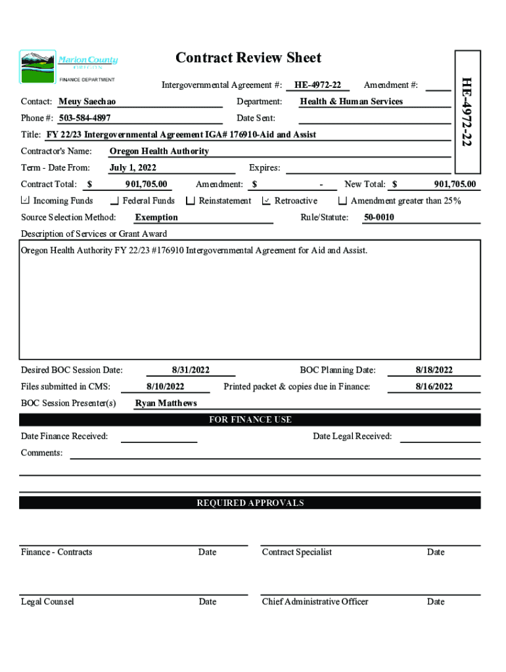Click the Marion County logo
point(68,66)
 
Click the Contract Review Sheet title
point(248,58)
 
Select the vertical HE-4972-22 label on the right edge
point(466,111)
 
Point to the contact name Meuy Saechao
point(87,102)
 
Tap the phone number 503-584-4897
point(84,118)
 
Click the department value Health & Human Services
point(351,102)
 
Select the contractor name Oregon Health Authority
point(159,151)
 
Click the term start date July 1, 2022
point(133,168)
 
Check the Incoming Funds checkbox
point(25,201)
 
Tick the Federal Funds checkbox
point(115,201)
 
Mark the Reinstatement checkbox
point(191,201)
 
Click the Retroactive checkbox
point(266,201)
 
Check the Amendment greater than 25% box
point(342,201)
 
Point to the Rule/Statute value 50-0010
point(379,217)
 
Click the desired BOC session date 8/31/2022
point(191,370)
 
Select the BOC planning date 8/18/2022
point(434,370)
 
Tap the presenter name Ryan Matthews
point(166,403)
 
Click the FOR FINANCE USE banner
point(250,419)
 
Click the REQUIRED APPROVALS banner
point(250,503)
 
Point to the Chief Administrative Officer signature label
point(315,602)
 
